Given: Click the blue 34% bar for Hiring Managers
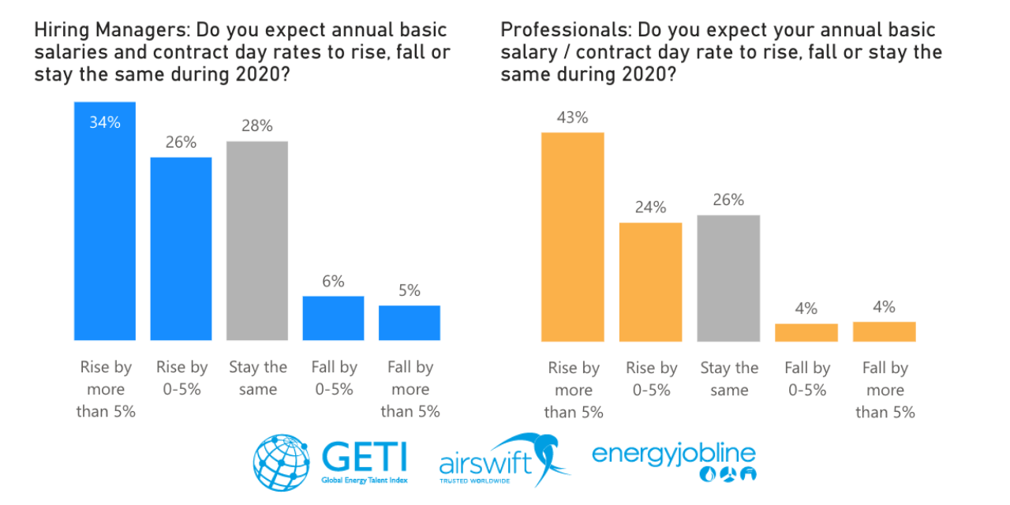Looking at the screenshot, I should pos(105,229).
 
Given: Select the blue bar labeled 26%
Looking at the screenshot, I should pos(181,249).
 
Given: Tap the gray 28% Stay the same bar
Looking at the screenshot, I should pos(257,241).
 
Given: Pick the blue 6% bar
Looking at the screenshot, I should pos(333,318).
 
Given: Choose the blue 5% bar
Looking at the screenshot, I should pos(410,323).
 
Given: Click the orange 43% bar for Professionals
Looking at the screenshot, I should pos(572,237).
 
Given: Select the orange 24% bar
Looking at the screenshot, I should pos(651,282).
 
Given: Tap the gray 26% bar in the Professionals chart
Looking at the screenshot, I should pos(728,278).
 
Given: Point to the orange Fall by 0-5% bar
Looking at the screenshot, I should pos(806,332).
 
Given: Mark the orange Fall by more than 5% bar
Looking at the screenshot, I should pos(885,331).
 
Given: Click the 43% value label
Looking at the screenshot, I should pos(572,118).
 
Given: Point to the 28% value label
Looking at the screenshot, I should pos(257,125).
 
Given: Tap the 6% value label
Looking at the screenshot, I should pos(333,281).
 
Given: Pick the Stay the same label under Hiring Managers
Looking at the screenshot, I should pos(258,378).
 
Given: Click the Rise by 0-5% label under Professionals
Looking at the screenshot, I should pos(652,379).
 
